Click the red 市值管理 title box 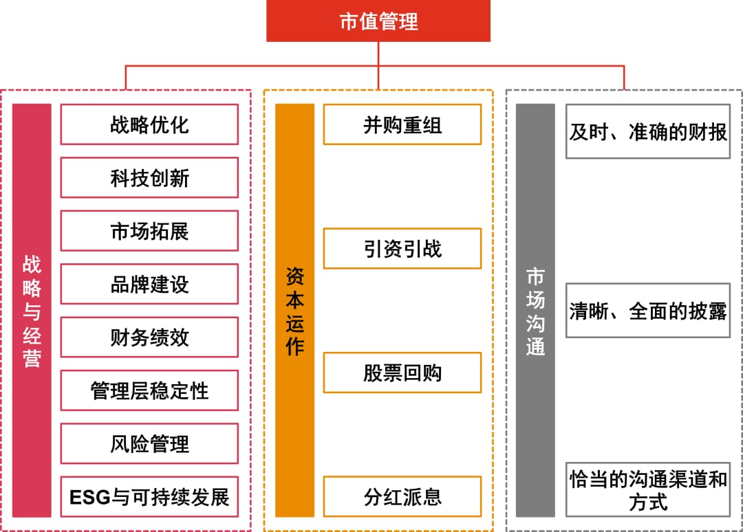click(378, 21)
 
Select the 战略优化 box click(149, 124)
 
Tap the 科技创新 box click(149, 177)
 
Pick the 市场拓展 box click(149, 231)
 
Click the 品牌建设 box click(149, 284)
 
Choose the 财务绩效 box click(149, 337)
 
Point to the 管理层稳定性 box click(149, 390)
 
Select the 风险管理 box click(149, 443)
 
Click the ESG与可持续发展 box click(149, 497)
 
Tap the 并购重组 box click(402, 124)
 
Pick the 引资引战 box click(402, 249)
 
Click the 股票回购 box click(402, 373)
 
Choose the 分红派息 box click(402, 496)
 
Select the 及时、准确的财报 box click(648, 131)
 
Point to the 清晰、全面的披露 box click(648, 311)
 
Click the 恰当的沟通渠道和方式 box click(648, 490)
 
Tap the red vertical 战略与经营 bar click(32, 311)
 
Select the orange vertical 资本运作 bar click(294, 311)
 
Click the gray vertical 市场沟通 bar click(535, 311)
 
